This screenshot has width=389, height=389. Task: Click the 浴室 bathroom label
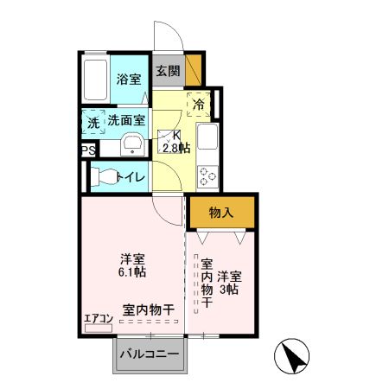[129, 80]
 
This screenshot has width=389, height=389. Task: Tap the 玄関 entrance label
[169, 72]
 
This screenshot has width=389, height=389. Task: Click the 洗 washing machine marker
[92, 123]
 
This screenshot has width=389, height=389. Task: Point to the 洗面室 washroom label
[125, 123]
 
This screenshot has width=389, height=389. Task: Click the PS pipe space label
[87, 151]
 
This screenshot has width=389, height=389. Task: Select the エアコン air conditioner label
[99, 318]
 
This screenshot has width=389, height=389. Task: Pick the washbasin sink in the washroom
[132, 144]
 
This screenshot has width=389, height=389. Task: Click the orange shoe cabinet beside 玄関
[194, 69]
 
